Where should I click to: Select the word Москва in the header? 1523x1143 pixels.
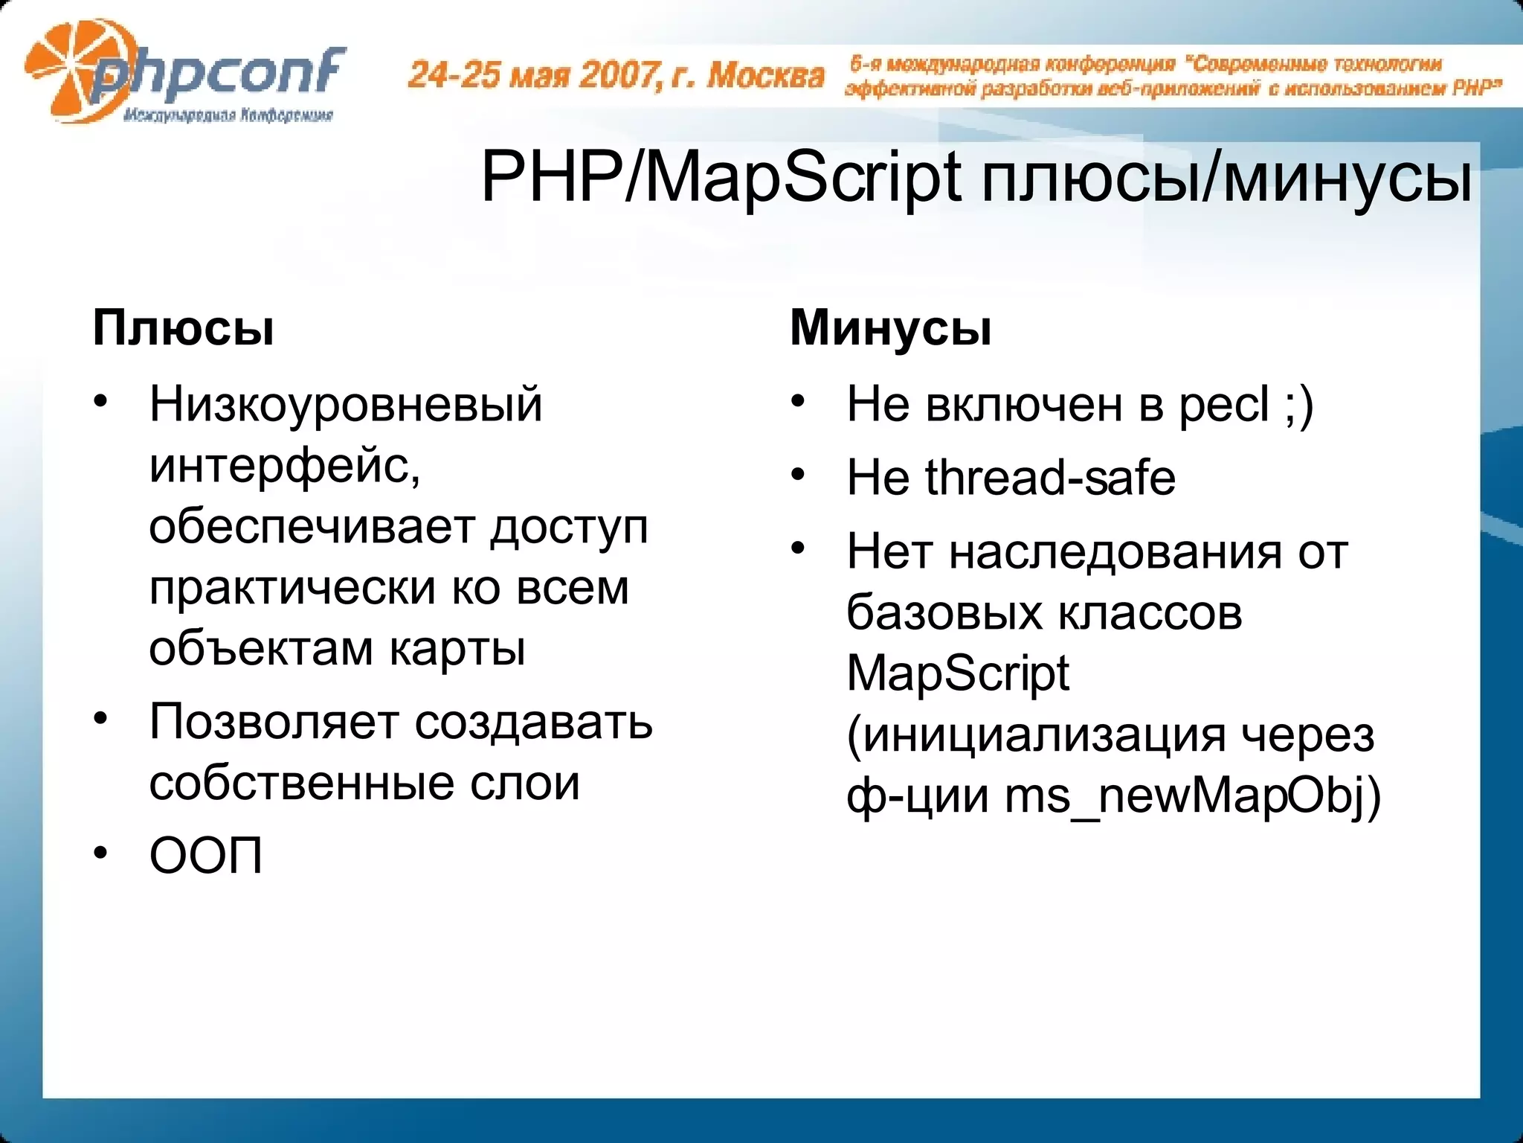(766, 75)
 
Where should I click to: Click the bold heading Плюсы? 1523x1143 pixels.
(183, 327)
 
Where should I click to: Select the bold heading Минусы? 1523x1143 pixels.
(890, 327)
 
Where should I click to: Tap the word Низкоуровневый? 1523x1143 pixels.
(346, 405)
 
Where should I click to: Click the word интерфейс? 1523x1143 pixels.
(285, 467)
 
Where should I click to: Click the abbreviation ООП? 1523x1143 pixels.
(206, 857)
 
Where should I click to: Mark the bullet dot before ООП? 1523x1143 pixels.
(101, 854)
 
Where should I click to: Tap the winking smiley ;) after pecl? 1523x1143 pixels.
(1299, 406)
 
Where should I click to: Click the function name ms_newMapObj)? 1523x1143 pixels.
(1192, 796)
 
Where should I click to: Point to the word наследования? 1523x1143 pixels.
(1116, 552)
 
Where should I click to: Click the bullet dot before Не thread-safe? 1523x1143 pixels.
(798, 475)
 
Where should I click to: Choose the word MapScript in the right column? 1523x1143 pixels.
(958, 674)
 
